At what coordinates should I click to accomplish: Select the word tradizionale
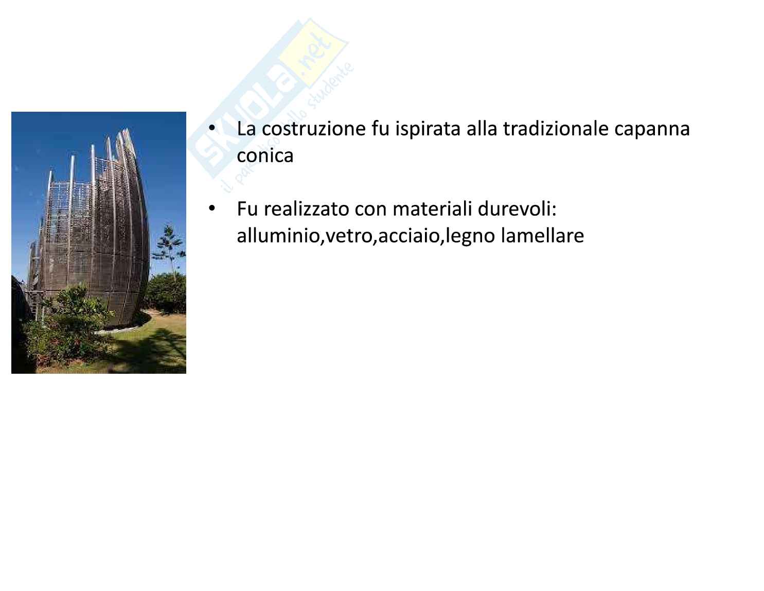point(556,129)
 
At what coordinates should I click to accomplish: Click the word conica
point(265,155)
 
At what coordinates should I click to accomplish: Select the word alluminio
point(278,236)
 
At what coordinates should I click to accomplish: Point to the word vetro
point(349,236)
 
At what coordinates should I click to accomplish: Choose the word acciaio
point(409,236)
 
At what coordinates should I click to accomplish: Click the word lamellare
point(542,236)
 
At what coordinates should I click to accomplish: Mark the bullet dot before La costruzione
point(211,128)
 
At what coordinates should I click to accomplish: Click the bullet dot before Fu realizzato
point(211,208)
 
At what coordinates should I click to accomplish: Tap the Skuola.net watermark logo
point(271,102)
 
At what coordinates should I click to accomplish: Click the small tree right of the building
point(170,250)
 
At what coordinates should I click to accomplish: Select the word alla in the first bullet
point(482,129)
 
